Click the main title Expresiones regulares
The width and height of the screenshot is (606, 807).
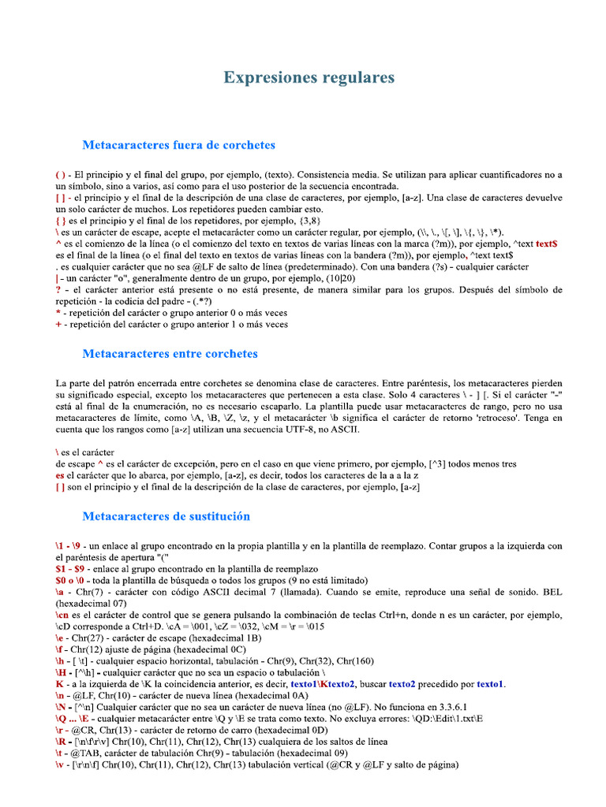click(309, 77)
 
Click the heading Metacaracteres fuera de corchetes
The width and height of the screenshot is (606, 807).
click(178, 145)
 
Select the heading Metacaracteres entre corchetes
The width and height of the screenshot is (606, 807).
click(170, 353)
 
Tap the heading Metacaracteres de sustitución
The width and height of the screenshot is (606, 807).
click(166, 516)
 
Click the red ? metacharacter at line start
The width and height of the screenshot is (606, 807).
click(58, 289)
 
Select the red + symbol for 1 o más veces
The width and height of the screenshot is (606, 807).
click(58, 324)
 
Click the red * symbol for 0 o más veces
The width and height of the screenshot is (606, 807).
click(58, 312)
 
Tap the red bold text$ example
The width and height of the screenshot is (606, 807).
click(547, 244)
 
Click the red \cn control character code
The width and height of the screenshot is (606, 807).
click(62, 615)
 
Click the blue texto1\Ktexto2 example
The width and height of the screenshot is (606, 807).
click(324, 684)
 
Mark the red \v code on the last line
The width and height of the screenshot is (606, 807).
click(60, 764)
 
